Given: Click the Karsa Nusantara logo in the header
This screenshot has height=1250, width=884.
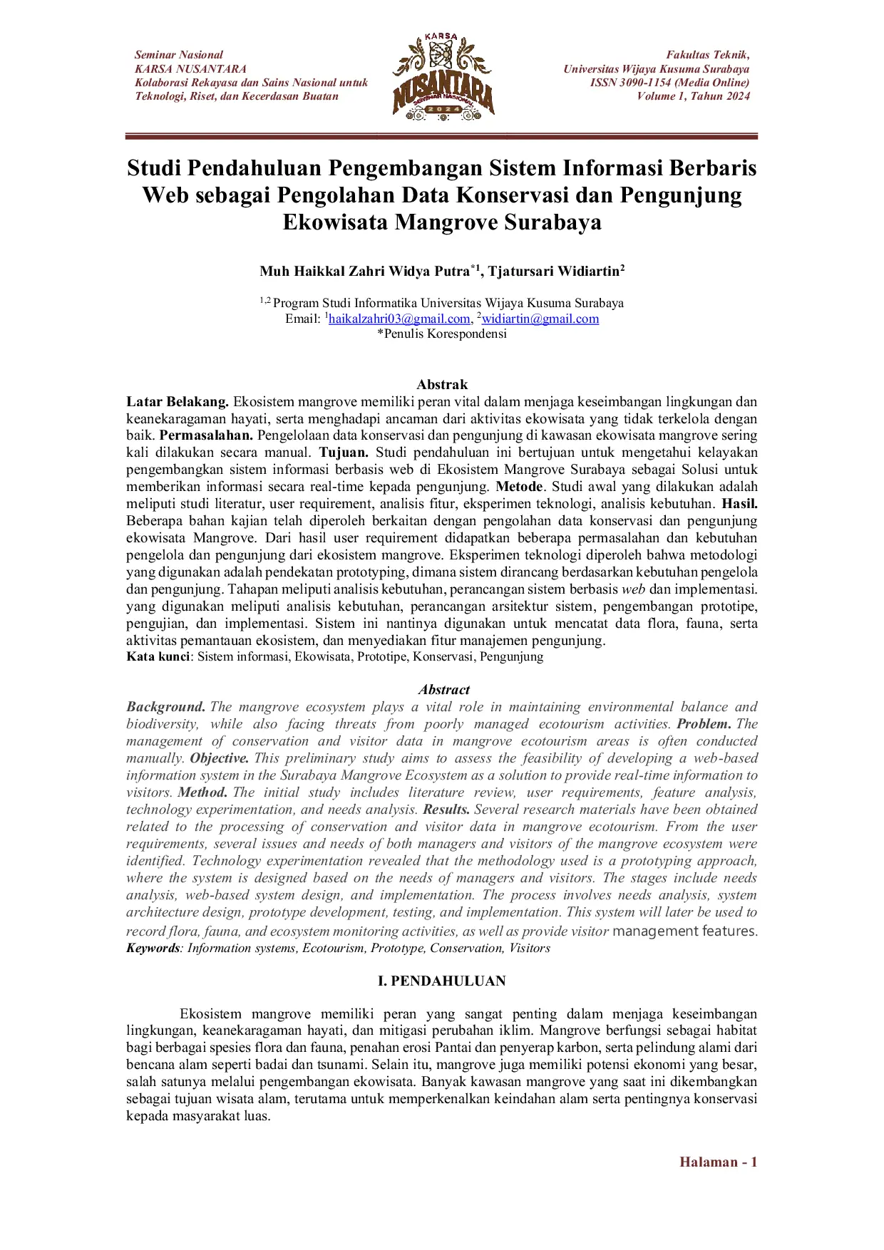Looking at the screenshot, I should pos(443,76).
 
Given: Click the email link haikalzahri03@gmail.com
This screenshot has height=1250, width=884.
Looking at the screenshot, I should pos(399,319).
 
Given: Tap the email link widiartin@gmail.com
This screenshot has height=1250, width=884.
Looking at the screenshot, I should pos(540,319).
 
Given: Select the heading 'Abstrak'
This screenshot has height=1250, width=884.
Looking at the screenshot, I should pos(442,385).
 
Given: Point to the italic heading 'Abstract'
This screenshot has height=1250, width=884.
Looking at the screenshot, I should pos(443,690).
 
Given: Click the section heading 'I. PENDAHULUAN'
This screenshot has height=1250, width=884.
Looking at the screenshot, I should pos(441,981).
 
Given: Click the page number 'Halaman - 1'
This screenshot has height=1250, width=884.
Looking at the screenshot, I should pos(717,1162).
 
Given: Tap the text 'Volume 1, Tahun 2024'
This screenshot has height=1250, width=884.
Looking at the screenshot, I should pos(693,96).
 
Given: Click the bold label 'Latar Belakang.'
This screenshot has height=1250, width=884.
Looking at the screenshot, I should pos(178,402).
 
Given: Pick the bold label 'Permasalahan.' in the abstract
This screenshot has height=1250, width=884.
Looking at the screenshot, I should pos(206,435).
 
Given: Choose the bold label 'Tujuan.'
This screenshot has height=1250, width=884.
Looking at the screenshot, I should pos(344,453).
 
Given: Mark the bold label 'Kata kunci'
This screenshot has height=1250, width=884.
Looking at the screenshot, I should pos(158,657).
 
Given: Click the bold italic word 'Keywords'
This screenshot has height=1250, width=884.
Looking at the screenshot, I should pos(153,949).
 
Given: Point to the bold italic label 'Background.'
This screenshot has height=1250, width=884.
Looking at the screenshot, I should pos(166,707).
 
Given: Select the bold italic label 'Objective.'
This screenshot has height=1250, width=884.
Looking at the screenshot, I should pos(220,758).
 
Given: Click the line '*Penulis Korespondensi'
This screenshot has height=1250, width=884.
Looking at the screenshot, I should pos(441,334).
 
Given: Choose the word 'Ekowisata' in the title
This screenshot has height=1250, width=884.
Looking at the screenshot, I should pos(336,222).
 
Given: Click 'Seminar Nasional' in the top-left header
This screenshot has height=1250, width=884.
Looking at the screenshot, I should pos(179,55).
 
